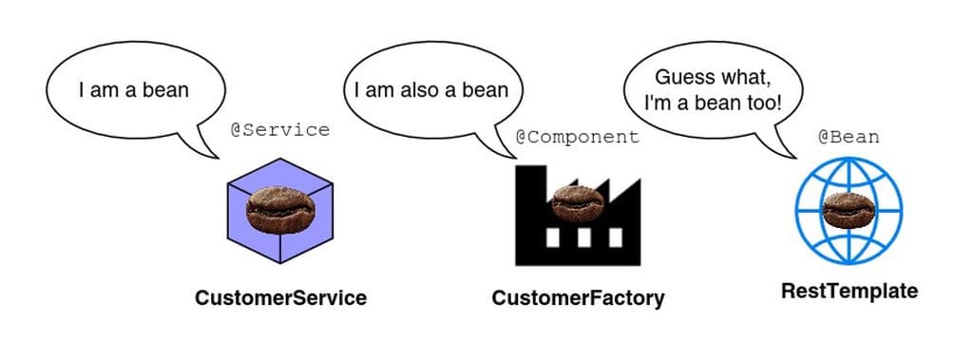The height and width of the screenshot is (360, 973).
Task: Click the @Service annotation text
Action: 280,130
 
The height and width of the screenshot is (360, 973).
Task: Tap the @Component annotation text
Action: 577,137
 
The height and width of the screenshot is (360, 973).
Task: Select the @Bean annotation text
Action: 849,137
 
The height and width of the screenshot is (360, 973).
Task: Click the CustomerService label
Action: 280,298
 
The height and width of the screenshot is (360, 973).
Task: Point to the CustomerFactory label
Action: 578,298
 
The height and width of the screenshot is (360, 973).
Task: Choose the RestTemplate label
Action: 849,292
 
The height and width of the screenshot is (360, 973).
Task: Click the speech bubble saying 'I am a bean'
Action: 133,91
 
